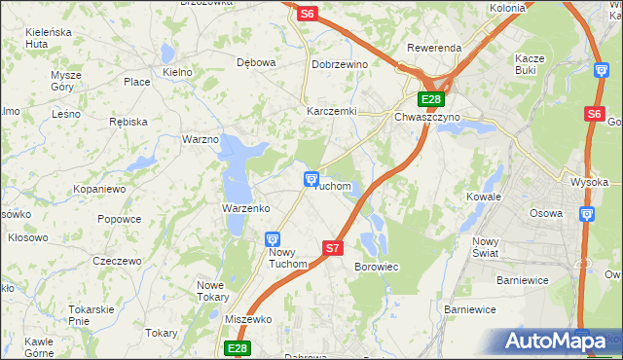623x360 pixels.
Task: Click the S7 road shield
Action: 333,248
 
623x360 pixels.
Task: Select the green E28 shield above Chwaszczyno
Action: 431,99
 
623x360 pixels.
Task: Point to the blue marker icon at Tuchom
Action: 311,177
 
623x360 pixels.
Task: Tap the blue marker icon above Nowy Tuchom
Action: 274,238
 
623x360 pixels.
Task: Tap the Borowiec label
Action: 377,266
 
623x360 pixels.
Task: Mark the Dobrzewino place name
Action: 339,63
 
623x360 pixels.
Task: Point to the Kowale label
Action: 483,196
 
